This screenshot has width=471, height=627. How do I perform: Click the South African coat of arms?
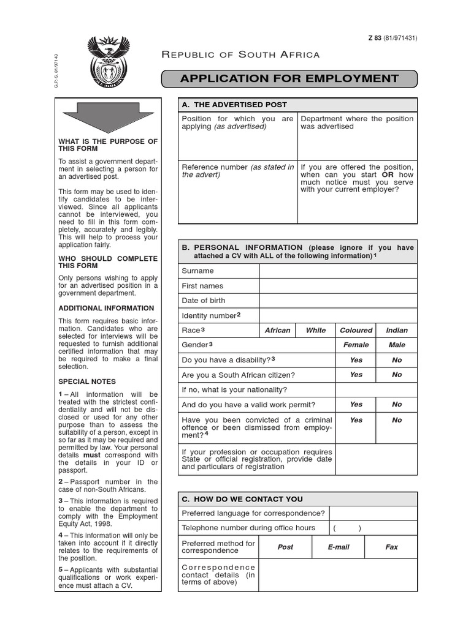point(109,62)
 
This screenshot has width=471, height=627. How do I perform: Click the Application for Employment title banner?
point(289,79)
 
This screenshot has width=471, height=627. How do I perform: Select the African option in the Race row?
point(277,331)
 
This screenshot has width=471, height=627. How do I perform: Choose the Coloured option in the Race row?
point(356,331)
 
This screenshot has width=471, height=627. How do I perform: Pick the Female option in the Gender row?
point(356,345)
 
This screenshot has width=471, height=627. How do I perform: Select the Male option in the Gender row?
point(397,345)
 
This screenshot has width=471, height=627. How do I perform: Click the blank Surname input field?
point(337,271)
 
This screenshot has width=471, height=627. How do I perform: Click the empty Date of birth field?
point(337,301)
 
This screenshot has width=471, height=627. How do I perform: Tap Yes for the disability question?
point(356,360)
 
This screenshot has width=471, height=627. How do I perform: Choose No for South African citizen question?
point(397,375)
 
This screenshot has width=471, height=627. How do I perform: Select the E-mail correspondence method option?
point(338,547)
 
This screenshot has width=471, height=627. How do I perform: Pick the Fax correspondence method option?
point(391,547)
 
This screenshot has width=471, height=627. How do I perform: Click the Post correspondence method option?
point(285,547)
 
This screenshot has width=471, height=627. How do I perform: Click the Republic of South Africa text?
point(240,55)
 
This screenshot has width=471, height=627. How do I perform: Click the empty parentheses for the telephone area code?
point(347,528)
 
